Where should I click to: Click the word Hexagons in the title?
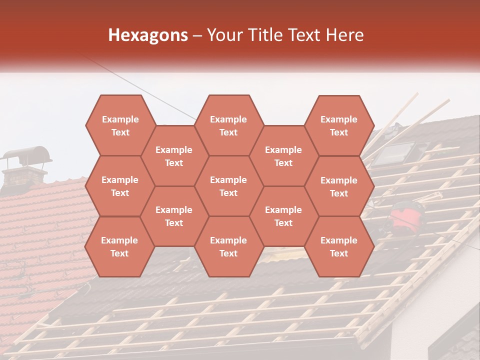(148, 35)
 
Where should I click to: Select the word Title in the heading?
(267, 35)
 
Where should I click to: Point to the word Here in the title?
(344, 35)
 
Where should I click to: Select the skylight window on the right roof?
(393, 153)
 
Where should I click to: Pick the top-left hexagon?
(120, 125)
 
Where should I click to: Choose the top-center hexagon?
(228, 125)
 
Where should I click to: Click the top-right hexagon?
(339, 125)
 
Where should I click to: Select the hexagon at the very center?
(228, 186)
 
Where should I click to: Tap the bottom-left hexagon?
(120, 246)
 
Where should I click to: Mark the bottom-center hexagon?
(228, 246)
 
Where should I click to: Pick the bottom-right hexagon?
(339, 246)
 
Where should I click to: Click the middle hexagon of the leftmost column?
(120, 186)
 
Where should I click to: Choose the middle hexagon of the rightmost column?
(339, 186)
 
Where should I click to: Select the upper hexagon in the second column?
(174, 156)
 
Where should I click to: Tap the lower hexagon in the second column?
(174, 216)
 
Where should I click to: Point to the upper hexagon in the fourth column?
(283, 156)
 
